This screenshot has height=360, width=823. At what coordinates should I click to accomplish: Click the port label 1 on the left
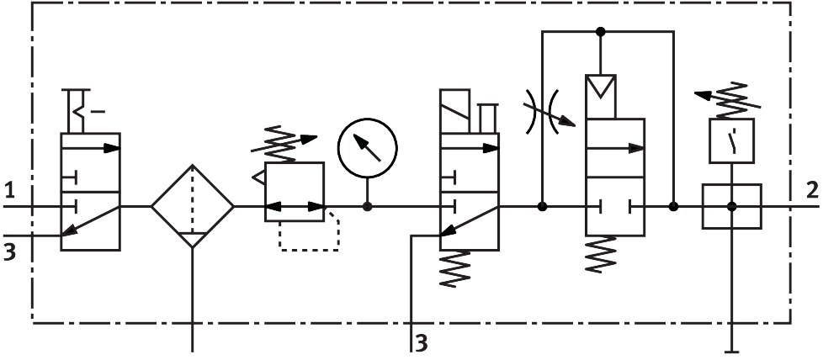(9, 189)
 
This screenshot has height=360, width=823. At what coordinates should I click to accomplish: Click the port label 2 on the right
(811, 189)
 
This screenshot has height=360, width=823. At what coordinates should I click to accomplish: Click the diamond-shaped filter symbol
(193, 206)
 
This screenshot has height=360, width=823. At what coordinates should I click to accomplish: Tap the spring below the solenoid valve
(455, 269)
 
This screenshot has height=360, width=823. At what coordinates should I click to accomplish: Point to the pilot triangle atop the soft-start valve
(600, 87)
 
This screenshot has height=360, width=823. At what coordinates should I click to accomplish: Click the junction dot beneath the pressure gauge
(367, 206)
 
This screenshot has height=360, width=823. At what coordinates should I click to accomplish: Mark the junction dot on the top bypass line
(600, 32)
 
